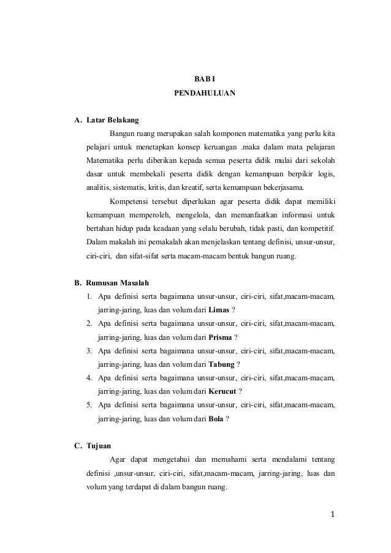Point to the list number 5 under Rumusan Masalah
click(89, 405)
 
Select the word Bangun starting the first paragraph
click(122, 134)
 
